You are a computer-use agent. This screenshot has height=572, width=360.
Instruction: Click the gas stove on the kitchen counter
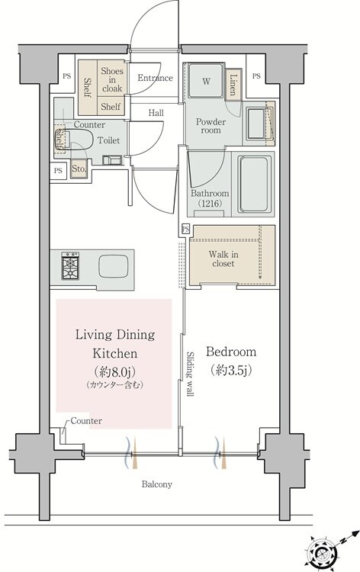(70, 265)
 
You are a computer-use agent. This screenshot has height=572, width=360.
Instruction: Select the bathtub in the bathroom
(254, 185)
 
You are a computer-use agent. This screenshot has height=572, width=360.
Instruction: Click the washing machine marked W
(206, 81)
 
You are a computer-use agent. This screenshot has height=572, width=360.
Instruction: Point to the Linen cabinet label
(233, 85)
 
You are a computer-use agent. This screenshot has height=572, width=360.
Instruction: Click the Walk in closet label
(223, 259)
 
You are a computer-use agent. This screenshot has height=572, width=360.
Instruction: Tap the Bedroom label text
(231, 352)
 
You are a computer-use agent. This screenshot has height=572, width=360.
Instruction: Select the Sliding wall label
(191, 374)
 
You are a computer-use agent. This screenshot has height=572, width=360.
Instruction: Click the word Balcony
(157, 484)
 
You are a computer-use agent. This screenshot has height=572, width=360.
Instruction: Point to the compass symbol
(322, 553)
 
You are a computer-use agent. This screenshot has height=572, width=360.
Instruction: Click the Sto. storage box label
(79, 169)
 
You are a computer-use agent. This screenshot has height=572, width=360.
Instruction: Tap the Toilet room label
(108, 140)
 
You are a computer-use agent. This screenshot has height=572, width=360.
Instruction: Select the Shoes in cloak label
(112, 79)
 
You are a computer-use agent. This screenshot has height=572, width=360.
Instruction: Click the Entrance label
(155, 78)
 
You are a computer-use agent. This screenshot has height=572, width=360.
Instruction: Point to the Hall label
(156, 113)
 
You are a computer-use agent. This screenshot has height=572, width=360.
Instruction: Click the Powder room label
(211, 126)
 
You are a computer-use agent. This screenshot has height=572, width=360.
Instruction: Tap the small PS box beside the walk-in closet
(185, 229)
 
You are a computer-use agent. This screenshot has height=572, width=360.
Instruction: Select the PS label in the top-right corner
(256, 76)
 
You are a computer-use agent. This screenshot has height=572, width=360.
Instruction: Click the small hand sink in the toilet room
(112, 160)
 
